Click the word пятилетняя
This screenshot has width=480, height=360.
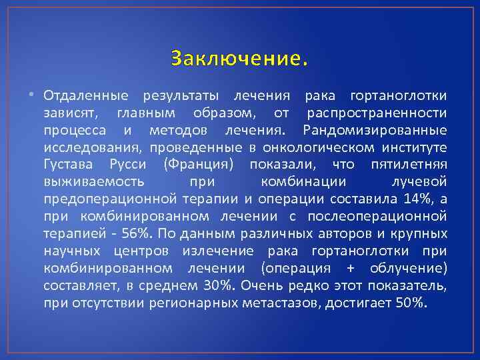409,164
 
